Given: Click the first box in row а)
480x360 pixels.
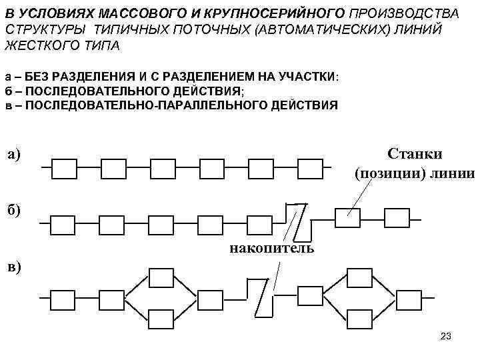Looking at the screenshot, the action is pyautogui.click(x=65, y=169).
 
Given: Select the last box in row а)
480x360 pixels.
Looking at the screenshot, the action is pyautogui.click(x=310, y=169).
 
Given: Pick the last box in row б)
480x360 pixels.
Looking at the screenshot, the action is pyautogui.click(x=397, y=218).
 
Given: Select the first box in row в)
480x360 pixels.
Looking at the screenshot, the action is pyautogui.click(x=65, y=298).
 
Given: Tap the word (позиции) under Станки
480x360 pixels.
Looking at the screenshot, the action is pyautogui.click(x=379, y=175).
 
